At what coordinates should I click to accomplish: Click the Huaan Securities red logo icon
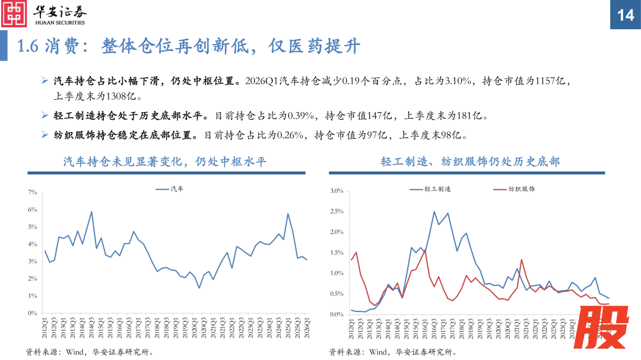[15, 14]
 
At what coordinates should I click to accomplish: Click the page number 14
[625, 15]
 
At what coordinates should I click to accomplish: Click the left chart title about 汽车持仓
[166, 161]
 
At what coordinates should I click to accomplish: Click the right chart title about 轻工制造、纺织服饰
[470, 161]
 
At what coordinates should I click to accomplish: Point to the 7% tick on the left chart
[33, 193]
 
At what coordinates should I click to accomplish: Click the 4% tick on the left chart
[33, 244]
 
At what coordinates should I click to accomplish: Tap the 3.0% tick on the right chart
[337, 191]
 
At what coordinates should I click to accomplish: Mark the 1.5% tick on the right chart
[337, 253]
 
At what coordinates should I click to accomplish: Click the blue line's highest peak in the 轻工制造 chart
[434, 212]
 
